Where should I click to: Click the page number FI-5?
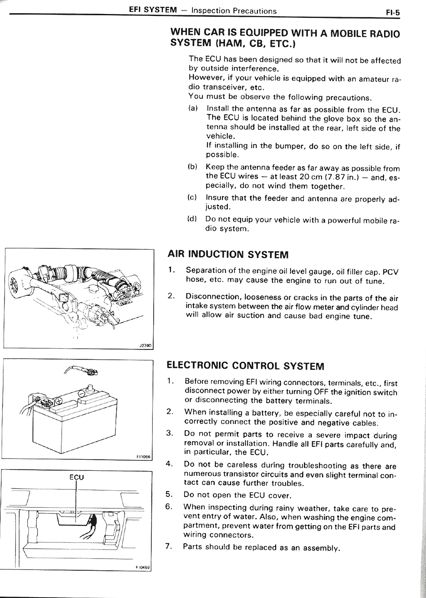point(392,13)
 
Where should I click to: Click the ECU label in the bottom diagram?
point(77,477)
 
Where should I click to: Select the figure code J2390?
point(145,346)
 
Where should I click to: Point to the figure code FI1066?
point(144,457)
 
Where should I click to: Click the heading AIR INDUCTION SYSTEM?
point(228,254)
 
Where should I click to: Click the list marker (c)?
point(192,197)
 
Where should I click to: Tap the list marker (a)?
point(193,108)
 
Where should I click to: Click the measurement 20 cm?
point(310,176)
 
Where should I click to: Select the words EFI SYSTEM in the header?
point(153,10)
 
